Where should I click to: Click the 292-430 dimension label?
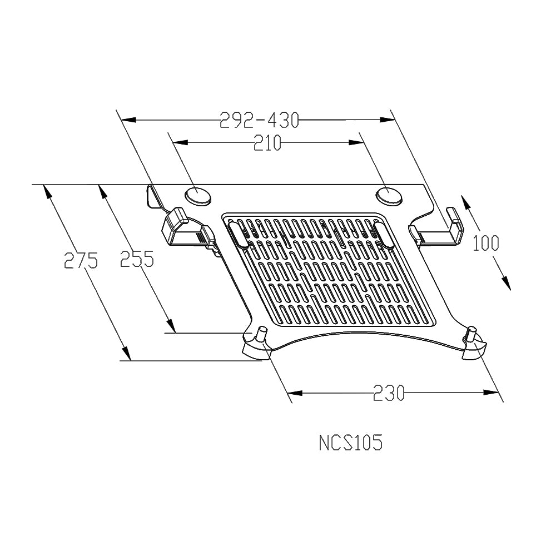259,120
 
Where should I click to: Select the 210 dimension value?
267,143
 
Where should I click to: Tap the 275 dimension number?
81,260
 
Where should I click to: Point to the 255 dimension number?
137,259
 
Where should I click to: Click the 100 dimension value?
486,243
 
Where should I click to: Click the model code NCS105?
350,443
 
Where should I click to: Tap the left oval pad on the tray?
198,195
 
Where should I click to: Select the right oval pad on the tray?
389,195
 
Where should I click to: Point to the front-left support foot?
256,345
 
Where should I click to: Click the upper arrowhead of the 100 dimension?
466,201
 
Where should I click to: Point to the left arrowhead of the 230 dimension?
295,393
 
